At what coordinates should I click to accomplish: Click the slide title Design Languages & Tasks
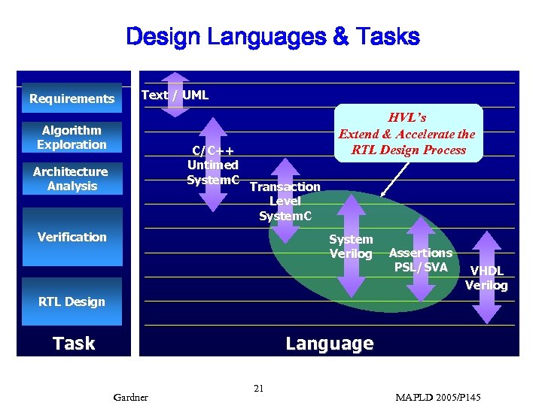[273, 36]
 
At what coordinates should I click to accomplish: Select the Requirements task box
[72, 98]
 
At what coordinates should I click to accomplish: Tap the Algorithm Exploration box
[72, 138]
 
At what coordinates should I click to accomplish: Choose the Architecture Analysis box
[71, 179]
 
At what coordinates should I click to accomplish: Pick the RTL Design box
[72, 301]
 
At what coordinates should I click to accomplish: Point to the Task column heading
[74, 344]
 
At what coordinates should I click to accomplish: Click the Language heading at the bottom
[329, 344]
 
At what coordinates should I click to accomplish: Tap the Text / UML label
[175, 95]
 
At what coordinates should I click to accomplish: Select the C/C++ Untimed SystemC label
[213, 165]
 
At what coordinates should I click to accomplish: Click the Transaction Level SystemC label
[285, 201]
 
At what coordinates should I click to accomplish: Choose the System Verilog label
[351, 247]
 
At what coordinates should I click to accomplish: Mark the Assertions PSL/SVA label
[420, 260]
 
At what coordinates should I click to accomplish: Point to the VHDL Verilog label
[486, 277]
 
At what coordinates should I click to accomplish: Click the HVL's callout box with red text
[406, 133]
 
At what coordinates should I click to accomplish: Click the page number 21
[258, 389]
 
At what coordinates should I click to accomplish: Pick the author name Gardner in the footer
[130, 396]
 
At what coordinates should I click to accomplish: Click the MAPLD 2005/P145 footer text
[437, 396]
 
